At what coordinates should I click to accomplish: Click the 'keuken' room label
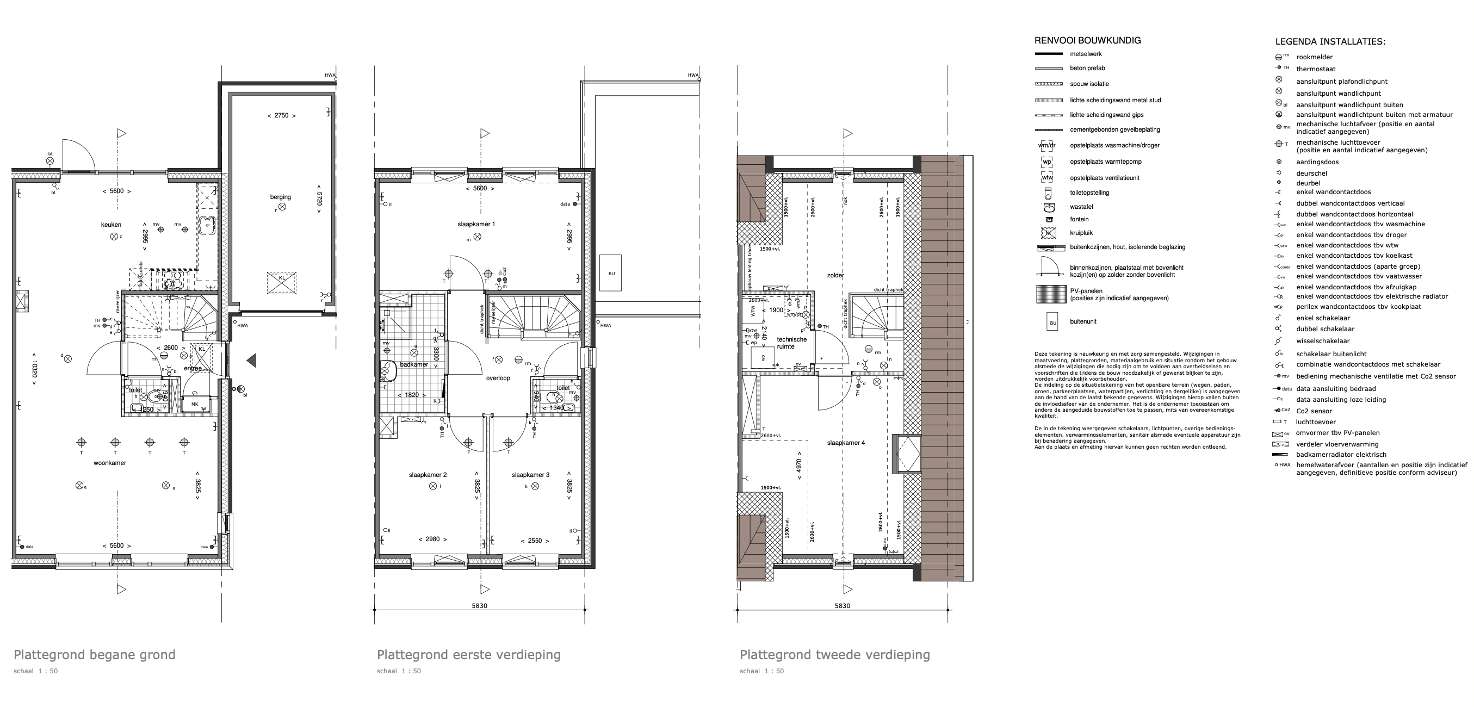coord(111,225)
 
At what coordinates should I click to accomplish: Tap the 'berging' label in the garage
coord(280,197)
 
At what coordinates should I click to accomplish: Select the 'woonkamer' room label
coord(110,463)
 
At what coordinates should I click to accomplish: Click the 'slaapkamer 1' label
coord(476,224)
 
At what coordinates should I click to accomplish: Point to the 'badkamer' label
coord(414,364)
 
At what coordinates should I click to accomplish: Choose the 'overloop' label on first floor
coord(498,378)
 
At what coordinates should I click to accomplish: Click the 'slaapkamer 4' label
coord(846,443)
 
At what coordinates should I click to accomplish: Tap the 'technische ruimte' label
coord(791,343)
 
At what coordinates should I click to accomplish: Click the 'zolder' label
coord(835,275)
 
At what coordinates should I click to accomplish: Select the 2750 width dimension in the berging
coord(281,115)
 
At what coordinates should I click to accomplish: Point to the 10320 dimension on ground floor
coord(34,372)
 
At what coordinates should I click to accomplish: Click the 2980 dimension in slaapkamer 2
coord(432,539)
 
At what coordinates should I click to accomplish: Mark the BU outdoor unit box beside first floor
coord(611,274)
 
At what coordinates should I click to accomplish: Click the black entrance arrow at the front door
coord(251,360)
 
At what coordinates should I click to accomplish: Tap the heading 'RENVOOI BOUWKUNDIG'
coord(1087,41)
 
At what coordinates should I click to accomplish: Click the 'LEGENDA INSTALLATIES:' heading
coord(1330,42)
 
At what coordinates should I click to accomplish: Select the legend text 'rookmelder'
coord(1314,57)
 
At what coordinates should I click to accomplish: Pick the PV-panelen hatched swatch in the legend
coord(1051,294)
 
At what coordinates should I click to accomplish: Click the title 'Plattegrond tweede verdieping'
coord(834,654)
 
